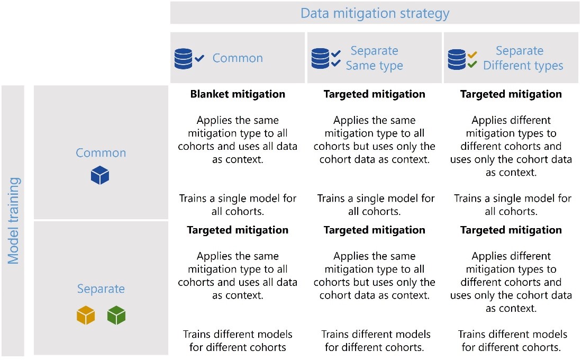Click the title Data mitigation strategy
pos(375,13)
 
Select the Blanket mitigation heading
pos(238,94)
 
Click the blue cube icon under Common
pos(100,175)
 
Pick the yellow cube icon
pos(86,316)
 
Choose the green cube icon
pos(116,316)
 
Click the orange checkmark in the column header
pos(472,55)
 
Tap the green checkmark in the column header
pos(472,65)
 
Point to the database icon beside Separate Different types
pos(457,59)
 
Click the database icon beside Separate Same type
pos(320,59)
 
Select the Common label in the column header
pos(238,58)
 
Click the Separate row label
pos(101,289)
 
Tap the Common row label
pos(101,153)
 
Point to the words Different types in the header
pos(523,66)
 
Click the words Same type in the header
pos(374,66)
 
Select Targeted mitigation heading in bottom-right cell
pos(511,230)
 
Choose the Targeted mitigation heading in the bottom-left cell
pos(238,230)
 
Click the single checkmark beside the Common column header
pos(199,58)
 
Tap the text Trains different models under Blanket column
pos(238,335)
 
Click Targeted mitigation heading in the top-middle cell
pos(374,94)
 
